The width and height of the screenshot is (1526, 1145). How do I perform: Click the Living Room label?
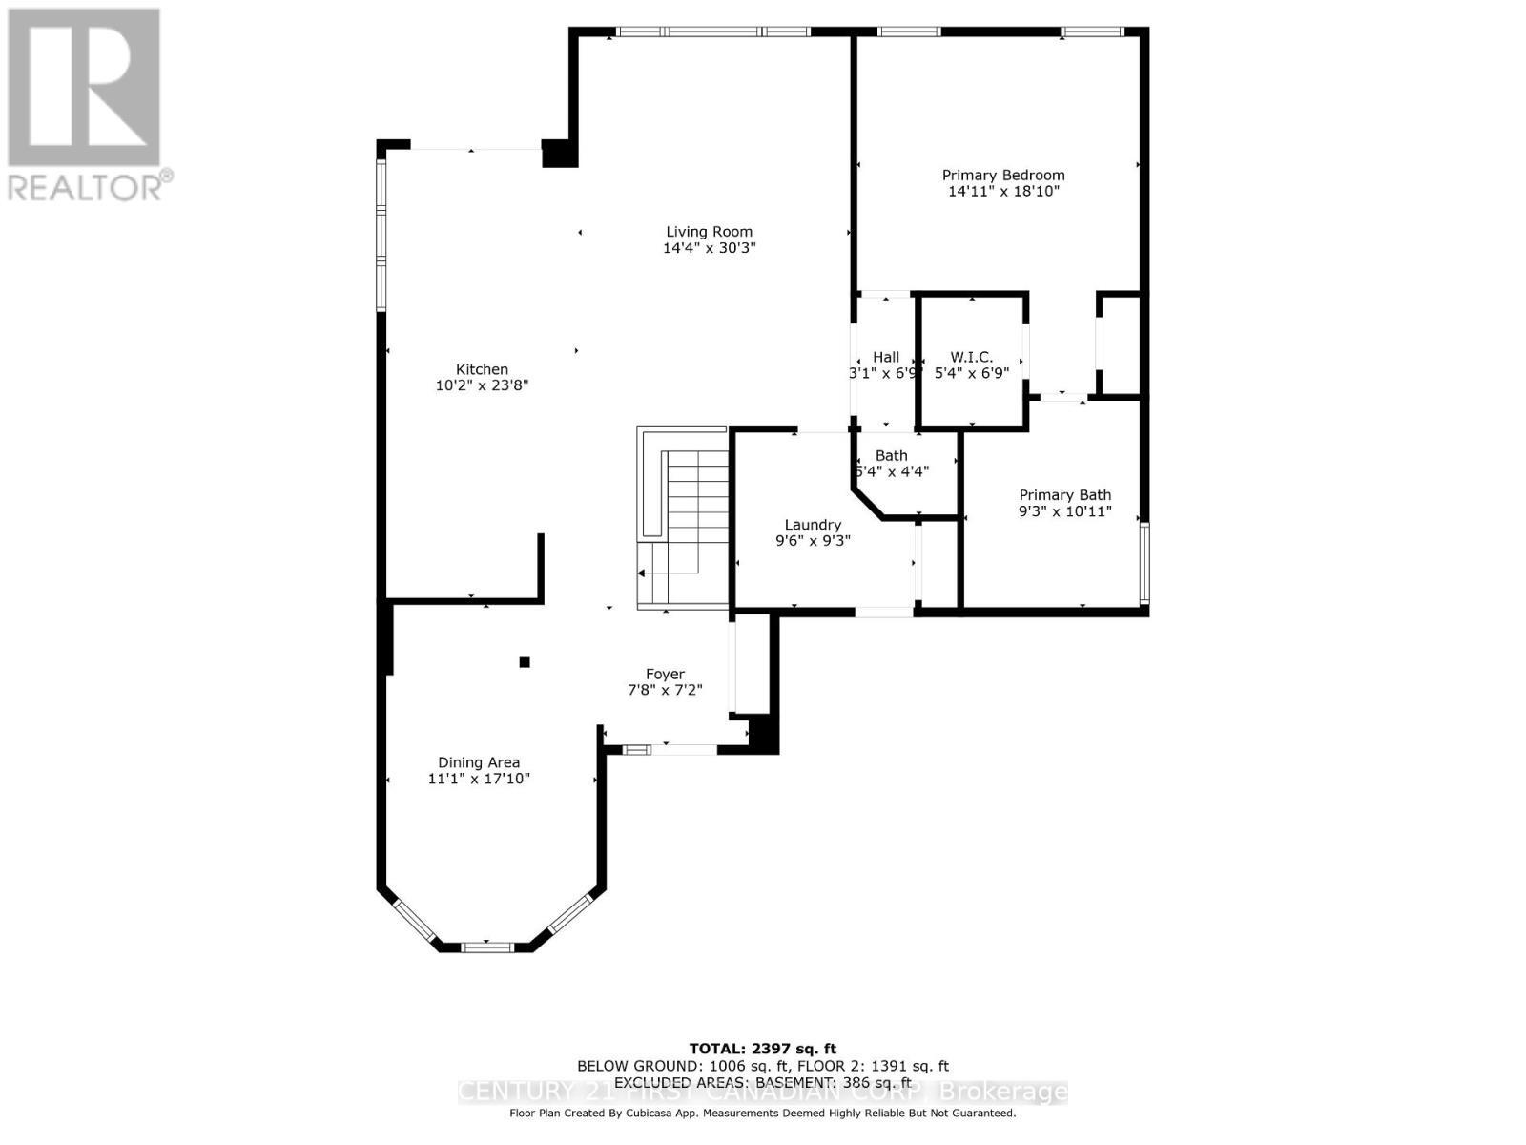click(x=709, y=232)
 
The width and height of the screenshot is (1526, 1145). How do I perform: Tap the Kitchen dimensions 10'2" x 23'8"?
click(x=482, y=385)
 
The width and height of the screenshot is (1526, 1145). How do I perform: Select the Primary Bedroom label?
click(x=1003, y=176)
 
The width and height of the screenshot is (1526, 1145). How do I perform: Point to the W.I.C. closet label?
click(x=971, y=357)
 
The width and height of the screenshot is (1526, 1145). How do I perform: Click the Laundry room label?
click(x=813, y=525)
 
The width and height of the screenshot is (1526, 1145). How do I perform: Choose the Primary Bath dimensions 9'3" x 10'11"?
click(x=1064, y=511)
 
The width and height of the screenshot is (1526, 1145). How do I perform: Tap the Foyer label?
click(x=665, y=674)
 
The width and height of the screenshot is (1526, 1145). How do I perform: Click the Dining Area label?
click(x=479, y=762)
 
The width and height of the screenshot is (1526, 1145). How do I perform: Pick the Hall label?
click(x=886, y=357)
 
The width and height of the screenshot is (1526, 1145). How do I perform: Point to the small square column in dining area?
click(x=524, y=662)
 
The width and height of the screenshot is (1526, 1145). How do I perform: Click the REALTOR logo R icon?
click(x=84, y=88)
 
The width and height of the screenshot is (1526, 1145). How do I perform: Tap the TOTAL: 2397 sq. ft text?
click(x=763, y=1049)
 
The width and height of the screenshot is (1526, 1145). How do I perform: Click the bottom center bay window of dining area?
click(x=486, y=947)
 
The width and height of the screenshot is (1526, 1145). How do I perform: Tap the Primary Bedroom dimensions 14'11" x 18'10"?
click(x=1003, y=192)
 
